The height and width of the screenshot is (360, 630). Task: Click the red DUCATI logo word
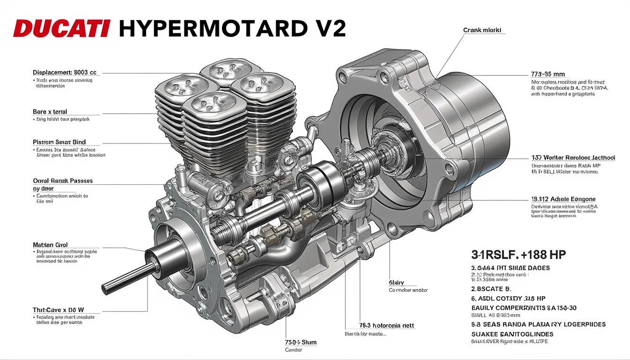[x=61, y=29]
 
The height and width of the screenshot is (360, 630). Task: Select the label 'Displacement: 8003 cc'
[x=65, y=73]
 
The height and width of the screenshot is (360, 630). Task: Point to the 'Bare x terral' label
[x=50, y=112]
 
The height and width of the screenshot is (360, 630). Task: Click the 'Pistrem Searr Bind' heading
[x=60, y=142]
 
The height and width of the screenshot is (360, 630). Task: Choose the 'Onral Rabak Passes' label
[x=63, y=180]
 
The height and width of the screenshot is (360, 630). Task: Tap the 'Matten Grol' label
[x=50, y=245]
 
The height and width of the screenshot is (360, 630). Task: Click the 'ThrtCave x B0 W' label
[x=61, y=310]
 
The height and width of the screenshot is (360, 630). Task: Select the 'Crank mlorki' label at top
[x=482, y=30]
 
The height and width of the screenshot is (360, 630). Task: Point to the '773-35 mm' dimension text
[x=547, y=74]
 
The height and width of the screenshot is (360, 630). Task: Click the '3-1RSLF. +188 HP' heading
[x=518, y=255]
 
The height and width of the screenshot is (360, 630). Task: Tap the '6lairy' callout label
[x=396, y=283]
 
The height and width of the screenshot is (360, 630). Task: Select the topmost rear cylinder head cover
[x=223, y=72]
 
